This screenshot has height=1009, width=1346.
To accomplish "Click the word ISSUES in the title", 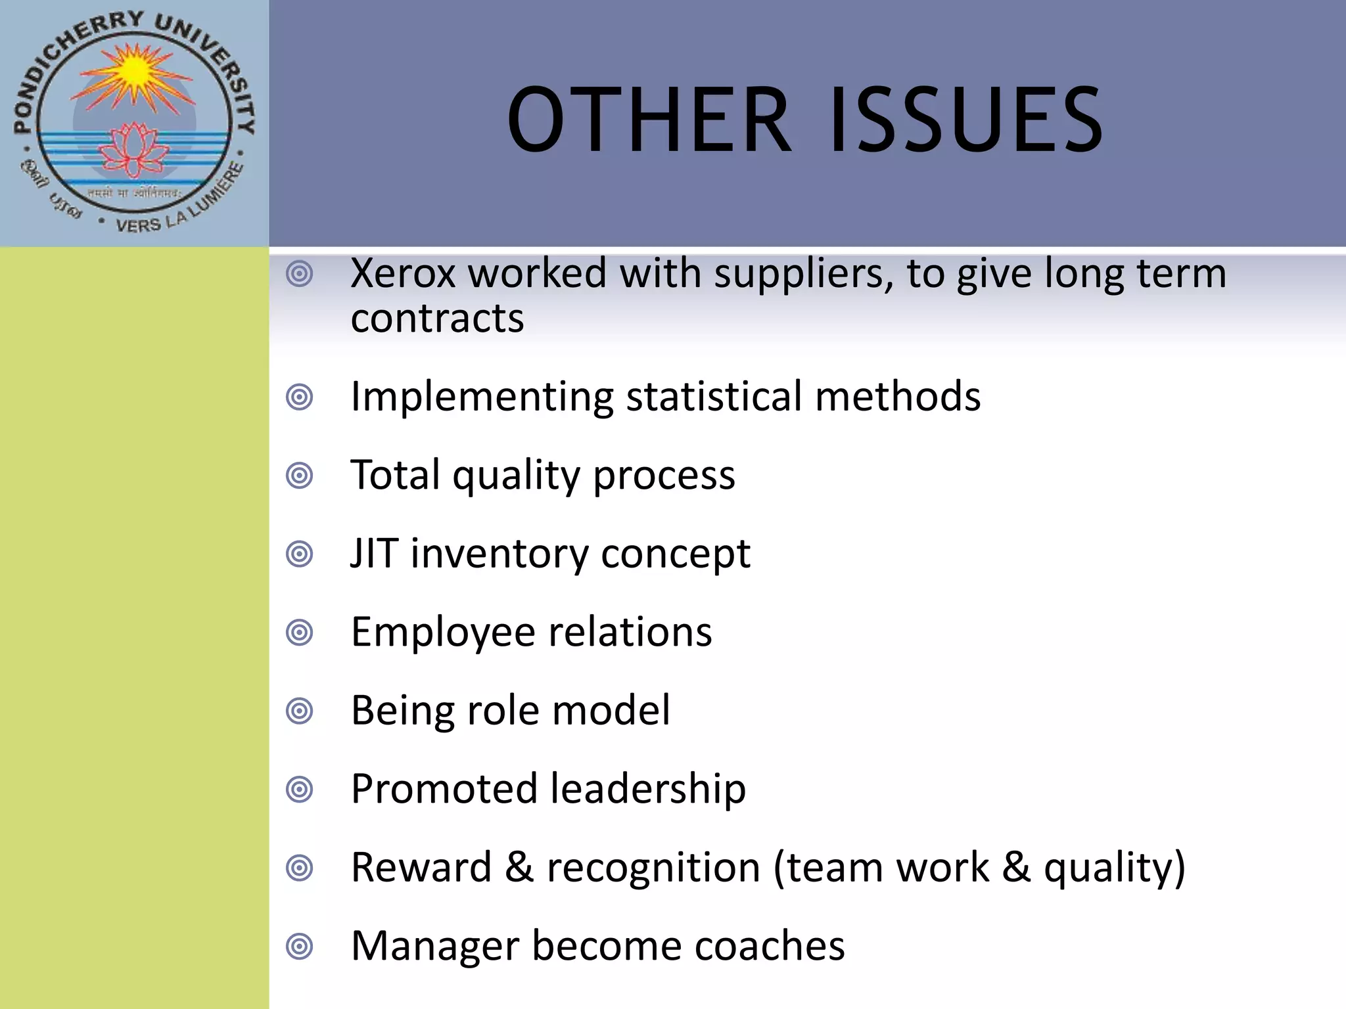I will tap(966, 120).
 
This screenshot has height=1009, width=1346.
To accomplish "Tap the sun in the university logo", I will tap(135, 70).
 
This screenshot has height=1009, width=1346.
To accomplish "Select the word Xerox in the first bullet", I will tap(403, 273).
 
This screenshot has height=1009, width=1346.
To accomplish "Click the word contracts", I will tap(437, 319).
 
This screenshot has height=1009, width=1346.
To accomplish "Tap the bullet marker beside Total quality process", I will tap(300, 476).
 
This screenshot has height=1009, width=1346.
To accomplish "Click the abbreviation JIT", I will tap(374, 553).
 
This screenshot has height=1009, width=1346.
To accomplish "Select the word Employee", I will tap(443, 633).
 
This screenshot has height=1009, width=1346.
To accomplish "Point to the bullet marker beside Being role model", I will tap(300, 711).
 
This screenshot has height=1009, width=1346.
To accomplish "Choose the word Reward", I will tap(421, 867).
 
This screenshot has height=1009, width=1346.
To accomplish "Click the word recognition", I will tap(654, 868).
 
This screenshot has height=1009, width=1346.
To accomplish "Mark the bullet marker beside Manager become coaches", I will tap(300, 947).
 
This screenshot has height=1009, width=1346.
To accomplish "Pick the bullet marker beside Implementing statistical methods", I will tap(300, 397).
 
